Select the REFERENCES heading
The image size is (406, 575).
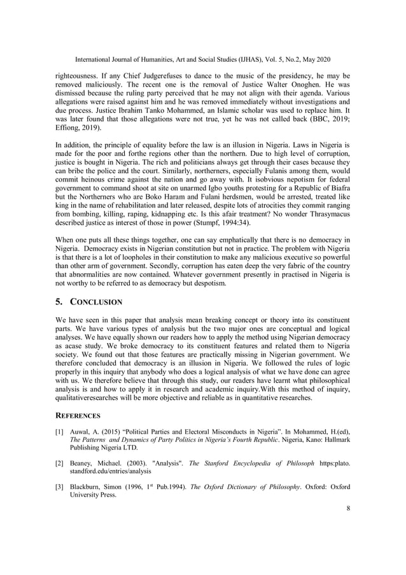(78, 415)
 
